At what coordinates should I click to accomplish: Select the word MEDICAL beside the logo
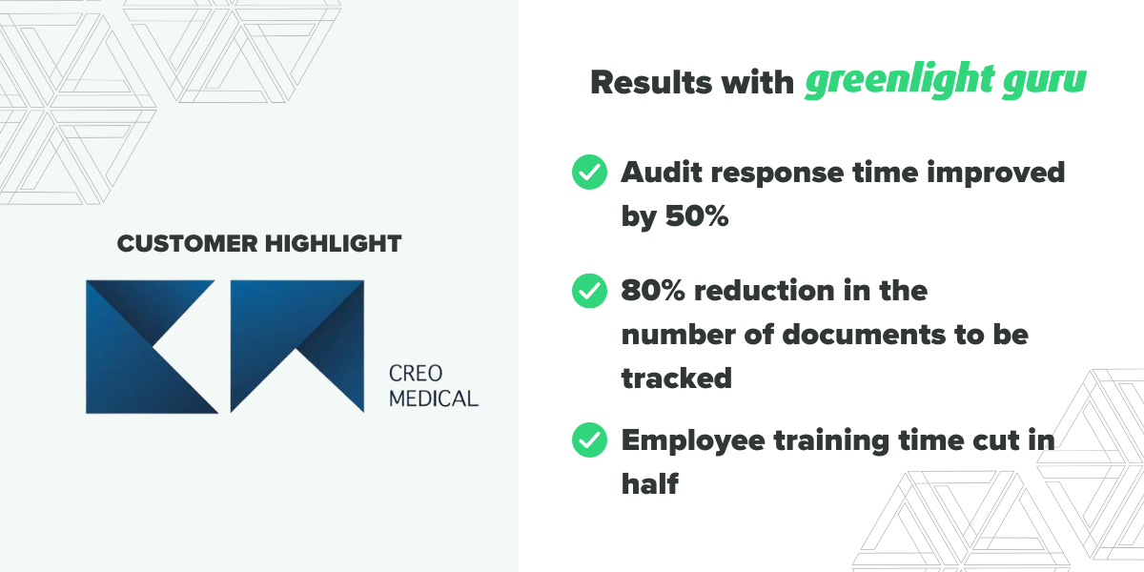click(x=434, y=398)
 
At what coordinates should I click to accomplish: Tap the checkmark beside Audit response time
click(x=589, y=173)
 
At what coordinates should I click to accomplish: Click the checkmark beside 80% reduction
click(x=589, y=290)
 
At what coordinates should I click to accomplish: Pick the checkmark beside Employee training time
click(x=589, y=440)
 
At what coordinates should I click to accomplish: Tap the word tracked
click(x=676, y=378)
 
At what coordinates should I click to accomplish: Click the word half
click(x=649, y=483)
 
